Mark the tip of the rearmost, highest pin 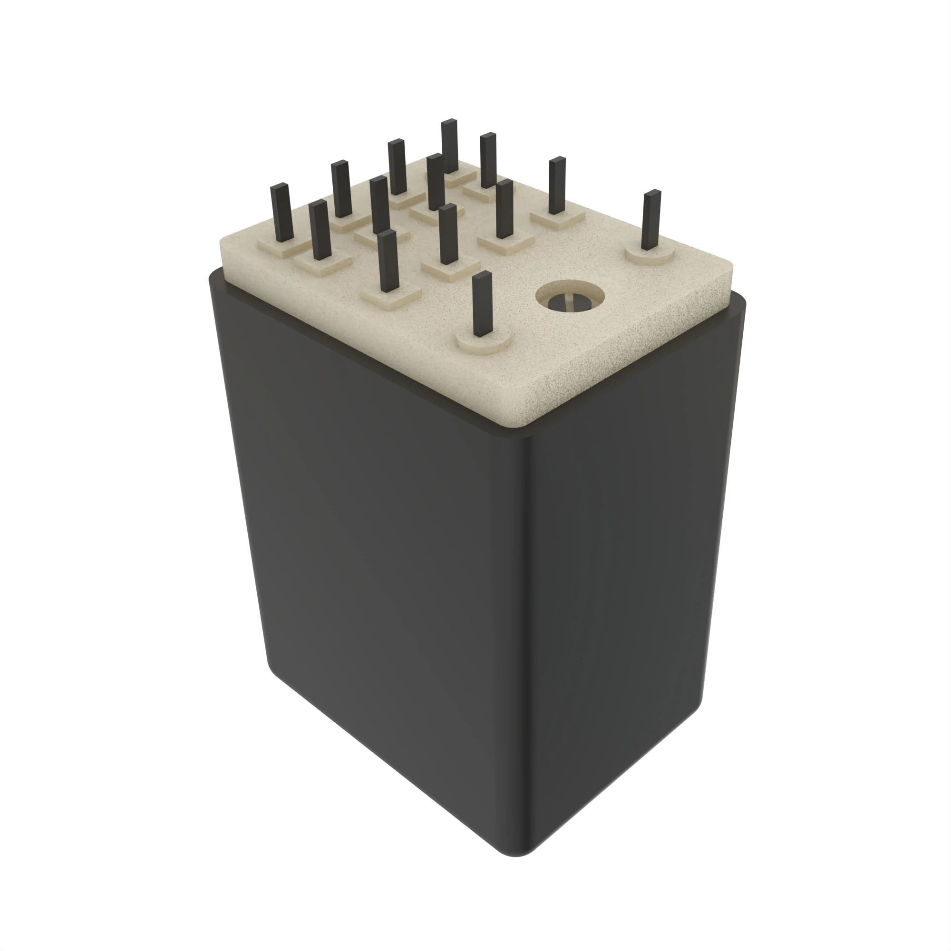pos(449,122)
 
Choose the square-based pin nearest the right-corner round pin pos(557,187)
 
